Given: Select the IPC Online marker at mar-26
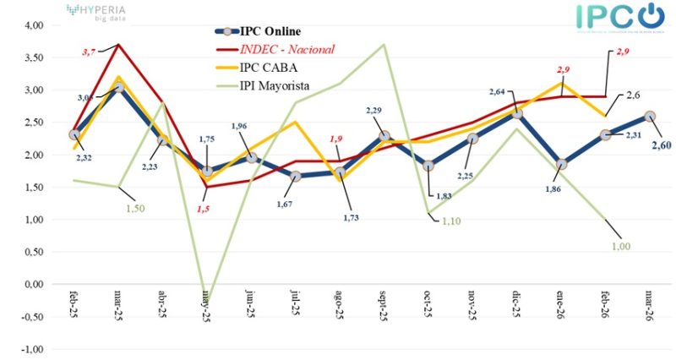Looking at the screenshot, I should (x=649, y=116).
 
